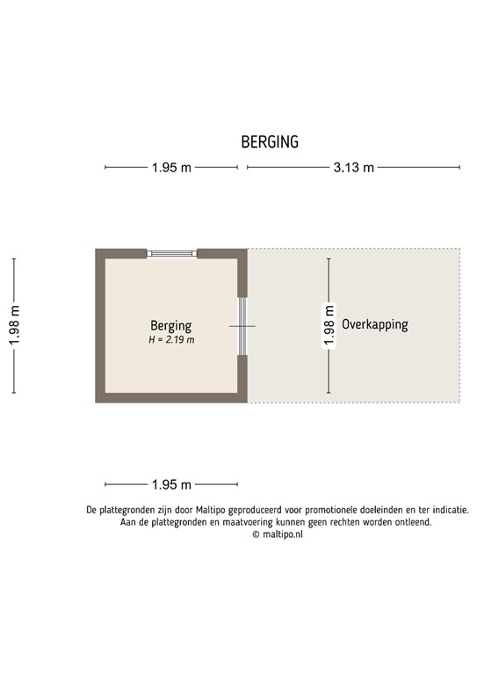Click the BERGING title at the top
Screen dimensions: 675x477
pyautogui.click(x=270, y=142)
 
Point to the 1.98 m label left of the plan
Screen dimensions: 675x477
pyautogui.click(x=14, y=325)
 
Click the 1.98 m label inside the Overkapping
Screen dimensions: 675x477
pyautogui.click(x=329, y=325)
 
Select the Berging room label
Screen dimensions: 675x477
pyautogui.click(x=170, y=325)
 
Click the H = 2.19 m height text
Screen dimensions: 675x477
pyautogui.click(x=171, y=339)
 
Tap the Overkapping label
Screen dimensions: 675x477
pyautogui.click(x=375, y=324)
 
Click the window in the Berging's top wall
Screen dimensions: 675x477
pyautogui.click(x=171, y=253)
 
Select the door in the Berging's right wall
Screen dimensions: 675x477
pyautogui.click(x=243, y=326)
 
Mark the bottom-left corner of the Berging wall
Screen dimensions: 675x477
pyautogui.click(x=100, y=398)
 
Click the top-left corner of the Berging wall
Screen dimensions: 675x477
pyautogui.click(x=100, y=253)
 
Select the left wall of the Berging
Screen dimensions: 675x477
pyautogui.click(x=100, y=325)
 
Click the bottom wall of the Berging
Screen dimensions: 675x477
pyautogui.click(x=171, y=398)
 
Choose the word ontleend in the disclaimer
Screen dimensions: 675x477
pyautogui.click(x=410, y=521)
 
